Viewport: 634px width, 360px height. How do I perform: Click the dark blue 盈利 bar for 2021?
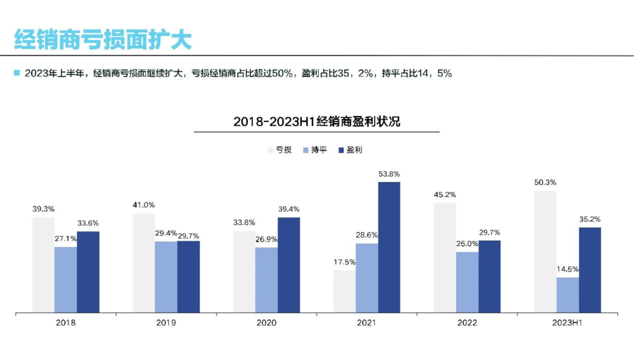[389, 247]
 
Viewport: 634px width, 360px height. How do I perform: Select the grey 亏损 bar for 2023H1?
[545, 251]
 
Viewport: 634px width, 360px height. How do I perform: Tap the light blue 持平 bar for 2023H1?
[568, 295]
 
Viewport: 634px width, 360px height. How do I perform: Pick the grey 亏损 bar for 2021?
[345, 291]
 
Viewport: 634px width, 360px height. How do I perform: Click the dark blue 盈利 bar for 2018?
[88, 272]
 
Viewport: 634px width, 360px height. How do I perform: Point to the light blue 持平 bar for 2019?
[166, 277]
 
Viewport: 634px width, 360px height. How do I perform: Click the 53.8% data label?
[389, 174]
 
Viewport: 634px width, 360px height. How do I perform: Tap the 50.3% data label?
[545, 183]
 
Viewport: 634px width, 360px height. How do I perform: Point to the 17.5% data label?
[345, 263]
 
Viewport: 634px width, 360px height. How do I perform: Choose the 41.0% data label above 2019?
[144, 205]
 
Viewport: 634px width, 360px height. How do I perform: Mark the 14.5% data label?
[568, 269]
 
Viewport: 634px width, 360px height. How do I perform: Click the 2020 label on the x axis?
[267, 323]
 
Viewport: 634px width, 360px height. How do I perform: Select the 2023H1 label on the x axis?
[567, 323]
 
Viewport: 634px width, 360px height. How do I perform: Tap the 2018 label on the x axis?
[66, 323]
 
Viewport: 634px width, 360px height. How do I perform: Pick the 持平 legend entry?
[315, 150]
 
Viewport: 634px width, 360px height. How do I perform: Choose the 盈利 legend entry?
[350, 150]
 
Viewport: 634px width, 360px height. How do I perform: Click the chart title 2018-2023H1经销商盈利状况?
[316, 122]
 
